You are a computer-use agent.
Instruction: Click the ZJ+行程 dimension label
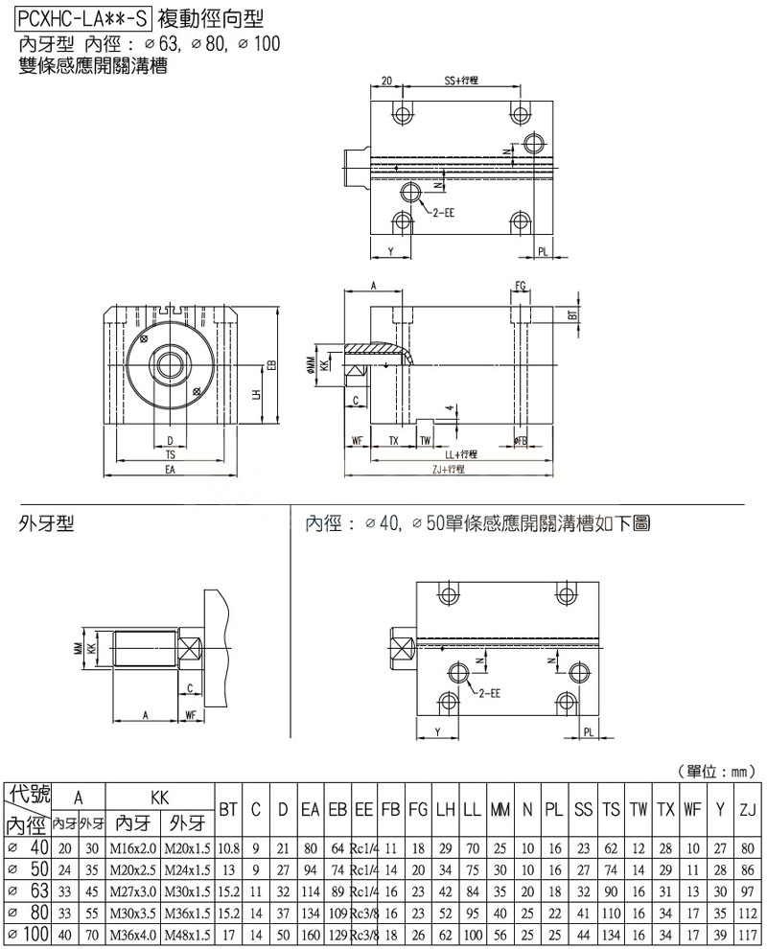tap(449, 469)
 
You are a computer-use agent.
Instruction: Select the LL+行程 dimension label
tap(461, 453)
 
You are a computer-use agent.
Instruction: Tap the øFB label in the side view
tap(521, 440)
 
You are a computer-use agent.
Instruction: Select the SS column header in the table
tap(583, 811)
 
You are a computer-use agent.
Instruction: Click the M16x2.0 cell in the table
tap(132, 847)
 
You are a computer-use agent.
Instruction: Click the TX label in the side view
tap(393, 440)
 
